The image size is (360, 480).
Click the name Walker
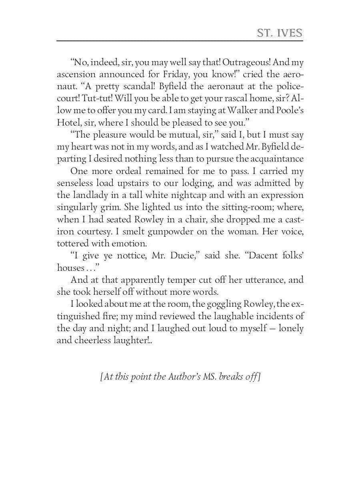tap(234, 111)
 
